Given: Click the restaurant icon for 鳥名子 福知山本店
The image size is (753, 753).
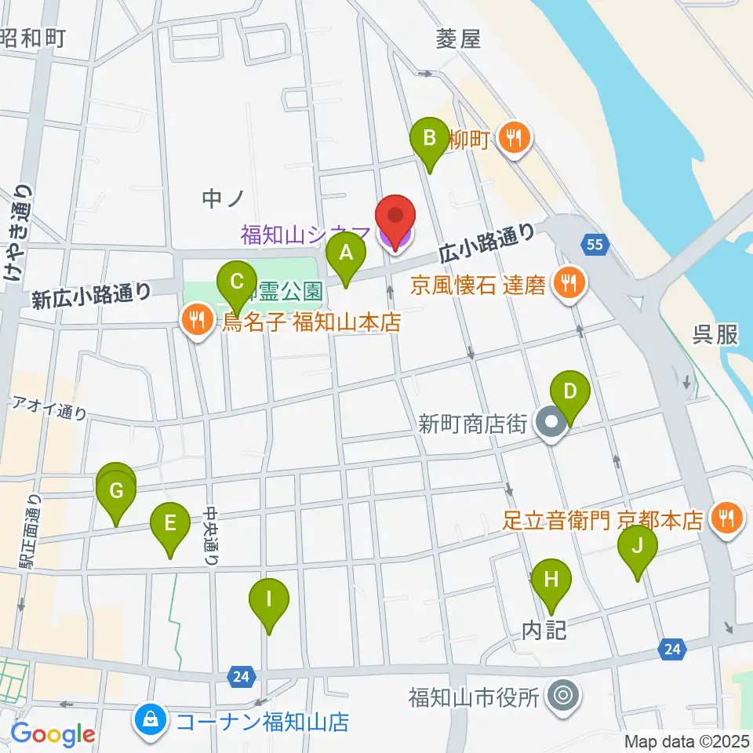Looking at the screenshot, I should (196, 320).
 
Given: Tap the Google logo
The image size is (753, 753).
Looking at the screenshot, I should (53, 734).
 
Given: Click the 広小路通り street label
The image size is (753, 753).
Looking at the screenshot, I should (486, 242).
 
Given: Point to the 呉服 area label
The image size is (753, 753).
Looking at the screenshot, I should (715, 334).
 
